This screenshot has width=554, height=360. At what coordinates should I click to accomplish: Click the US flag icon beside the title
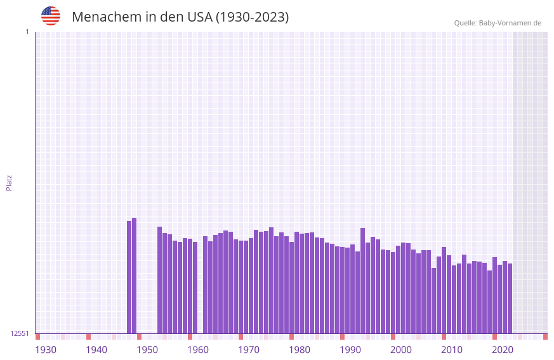click(x=51, y=16)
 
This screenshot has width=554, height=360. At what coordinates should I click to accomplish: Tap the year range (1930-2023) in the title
click(x=252, y=17)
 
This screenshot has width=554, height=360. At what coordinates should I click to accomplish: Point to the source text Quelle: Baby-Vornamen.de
click(x=498, y=23)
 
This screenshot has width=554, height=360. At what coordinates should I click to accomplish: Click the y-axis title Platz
click(x=9, y=182)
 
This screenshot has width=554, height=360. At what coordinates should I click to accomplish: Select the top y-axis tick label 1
click(x=27, y=32)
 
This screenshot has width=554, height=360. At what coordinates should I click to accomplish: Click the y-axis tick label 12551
click(x=20, y=333)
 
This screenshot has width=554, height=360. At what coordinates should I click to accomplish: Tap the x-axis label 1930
click(x=46, y=350)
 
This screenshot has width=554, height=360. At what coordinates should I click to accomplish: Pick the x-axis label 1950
click(x=147, y=350)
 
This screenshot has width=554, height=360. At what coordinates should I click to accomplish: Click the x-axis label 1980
click(x=300, y=350)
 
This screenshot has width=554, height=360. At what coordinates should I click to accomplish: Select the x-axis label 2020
click(x=503, y=350)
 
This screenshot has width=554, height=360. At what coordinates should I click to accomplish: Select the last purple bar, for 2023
click(x=510, y=298)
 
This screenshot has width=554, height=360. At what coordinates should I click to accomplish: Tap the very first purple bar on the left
click(x=129, y=277)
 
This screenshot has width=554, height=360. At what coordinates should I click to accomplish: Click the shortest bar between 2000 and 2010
click(x=434, y=300)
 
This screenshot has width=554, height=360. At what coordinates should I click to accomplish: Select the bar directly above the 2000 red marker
click(x=393, y=293)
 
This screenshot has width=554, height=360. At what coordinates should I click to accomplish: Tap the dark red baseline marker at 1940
click(x=89, y=337)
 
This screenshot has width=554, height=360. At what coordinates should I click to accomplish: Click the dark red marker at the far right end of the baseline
click(x=545, y=337)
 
